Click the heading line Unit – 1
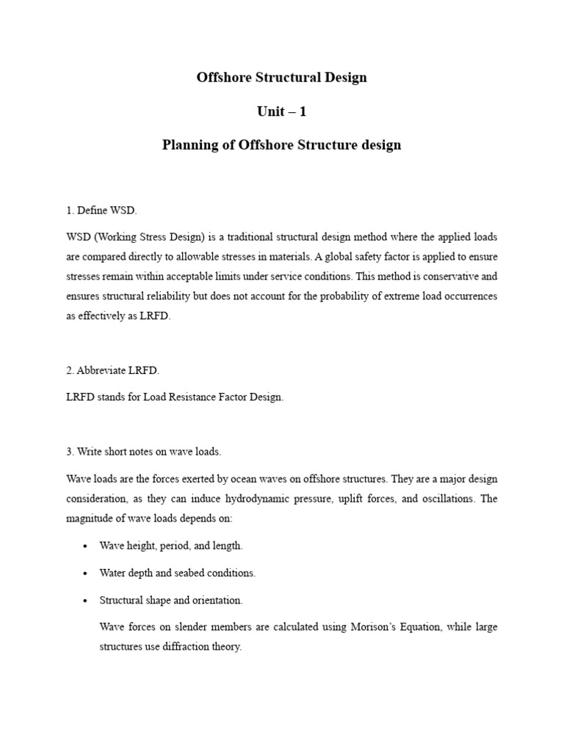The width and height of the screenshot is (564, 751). [x=281, y=111]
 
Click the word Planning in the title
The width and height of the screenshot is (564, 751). [x=190, y=144]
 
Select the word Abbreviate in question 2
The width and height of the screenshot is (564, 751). [x=104, y=370]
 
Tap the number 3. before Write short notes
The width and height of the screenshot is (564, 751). [x=70, y=451]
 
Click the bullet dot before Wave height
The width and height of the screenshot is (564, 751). [x=86, y=546]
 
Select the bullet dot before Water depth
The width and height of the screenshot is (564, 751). [x=86, y=573]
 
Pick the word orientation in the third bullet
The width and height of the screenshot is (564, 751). [x=217, y=600]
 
